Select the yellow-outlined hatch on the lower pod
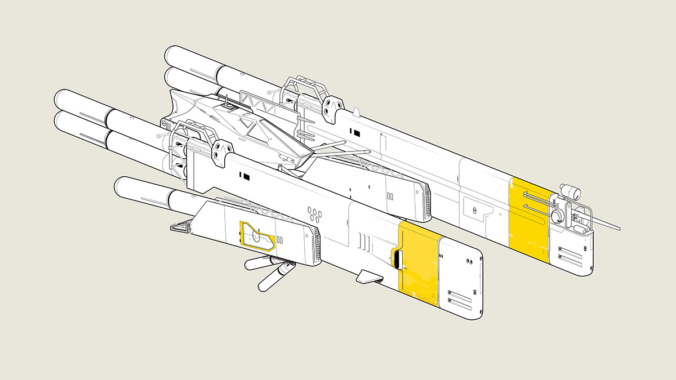click(257, 236)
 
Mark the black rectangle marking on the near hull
click(246, 177)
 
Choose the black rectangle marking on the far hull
click(357, 133)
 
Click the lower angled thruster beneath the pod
click(273, 279)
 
